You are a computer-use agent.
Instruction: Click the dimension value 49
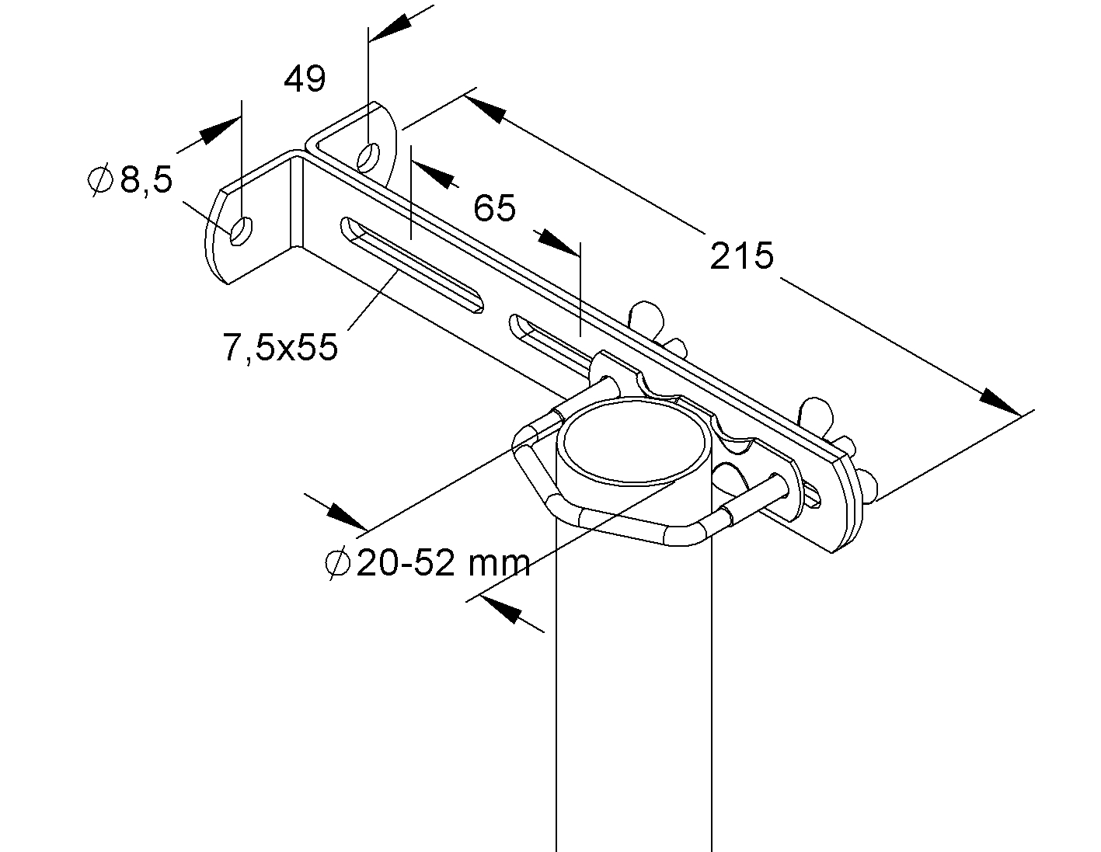pos(305,79)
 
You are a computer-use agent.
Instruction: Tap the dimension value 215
pos(742,256)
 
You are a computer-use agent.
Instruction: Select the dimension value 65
pos(494,208)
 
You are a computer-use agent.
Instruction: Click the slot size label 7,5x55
pos(280,347)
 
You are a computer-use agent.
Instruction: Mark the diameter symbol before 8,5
pos(99,180)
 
